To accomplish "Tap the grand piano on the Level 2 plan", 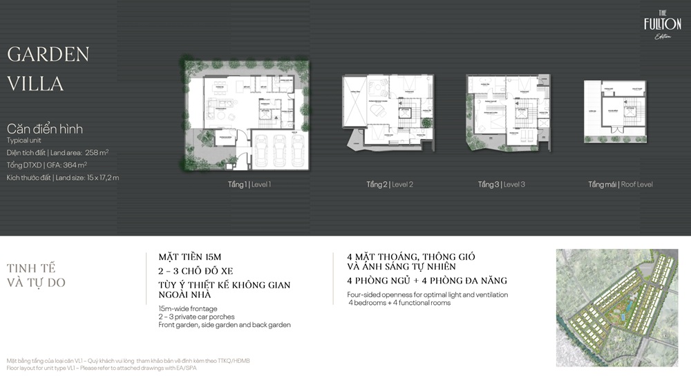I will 377,111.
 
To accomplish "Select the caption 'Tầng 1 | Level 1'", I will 249,185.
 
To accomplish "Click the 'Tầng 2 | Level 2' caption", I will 390,185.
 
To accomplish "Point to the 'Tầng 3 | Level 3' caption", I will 502,185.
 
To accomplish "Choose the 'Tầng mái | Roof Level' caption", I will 621,185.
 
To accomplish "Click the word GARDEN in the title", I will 48,55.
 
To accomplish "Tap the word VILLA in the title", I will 35,84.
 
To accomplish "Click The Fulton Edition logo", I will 662,27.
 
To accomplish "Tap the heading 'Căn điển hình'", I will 45,129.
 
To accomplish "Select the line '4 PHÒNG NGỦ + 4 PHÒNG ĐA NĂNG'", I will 427,281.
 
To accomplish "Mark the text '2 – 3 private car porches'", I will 196,317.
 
